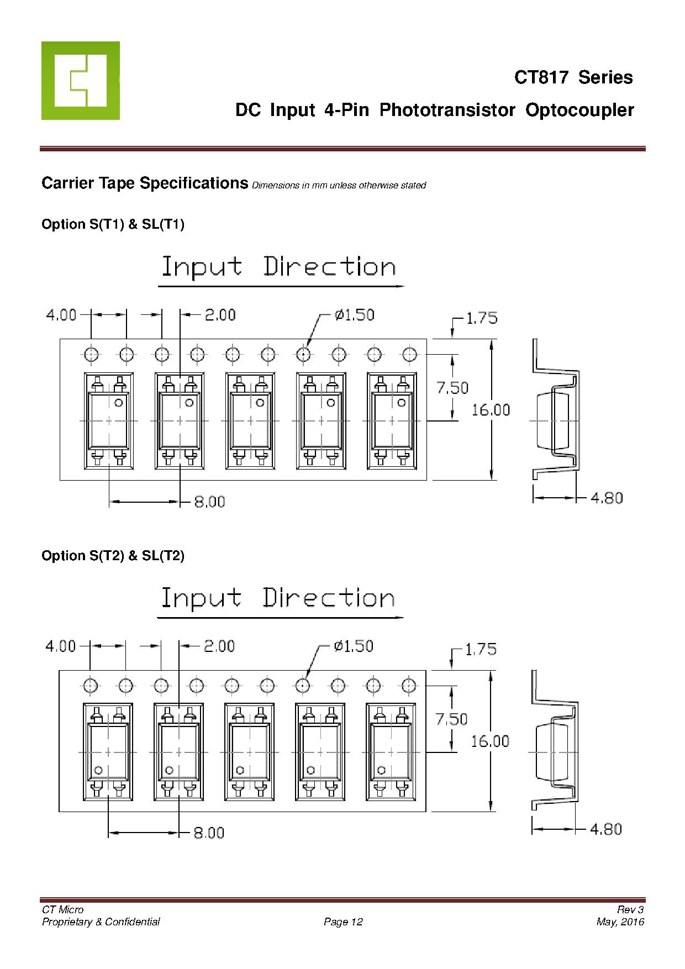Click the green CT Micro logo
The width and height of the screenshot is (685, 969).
click(x=80, y=80)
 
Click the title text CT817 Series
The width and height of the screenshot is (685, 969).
click(x=573, y=77)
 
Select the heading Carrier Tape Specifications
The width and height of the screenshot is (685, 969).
click(x=145, y=183)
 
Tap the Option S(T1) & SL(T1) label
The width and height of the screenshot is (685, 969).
click(x=113, y=224)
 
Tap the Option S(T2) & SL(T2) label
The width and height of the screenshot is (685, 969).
click(x=113, y=556)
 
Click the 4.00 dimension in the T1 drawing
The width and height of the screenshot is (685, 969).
click(x=61, y=315)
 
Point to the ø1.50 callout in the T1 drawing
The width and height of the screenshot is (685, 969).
click(x=354, y=315)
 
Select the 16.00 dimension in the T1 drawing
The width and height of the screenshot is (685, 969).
click(x=491, y=410)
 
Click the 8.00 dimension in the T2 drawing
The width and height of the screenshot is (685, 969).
click(x=209, y=833)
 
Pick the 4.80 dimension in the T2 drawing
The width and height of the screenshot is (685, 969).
click(x=606, y=829)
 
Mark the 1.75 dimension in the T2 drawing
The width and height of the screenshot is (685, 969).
click(x=481, y=649)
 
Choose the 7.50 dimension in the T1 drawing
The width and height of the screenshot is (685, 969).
click(x=452, y=388)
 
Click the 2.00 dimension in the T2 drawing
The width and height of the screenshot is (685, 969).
click(x=219, y=646)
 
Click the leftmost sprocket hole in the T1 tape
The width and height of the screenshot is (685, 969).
click(x=91, y=354)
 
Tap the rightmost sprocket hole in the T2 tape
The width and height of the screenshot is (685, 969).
click(x=408, y=686)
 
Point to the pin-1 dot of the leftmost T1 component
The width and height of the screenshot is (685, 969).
click(x=118, y=403)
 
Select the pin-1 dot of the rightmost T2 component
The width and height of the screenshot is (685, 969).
click(x=381, y=770)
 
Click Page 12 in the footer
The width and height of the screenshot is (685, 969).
click(x=343, y=921)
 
